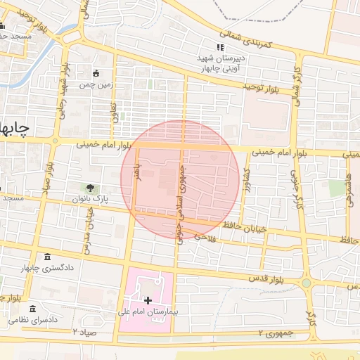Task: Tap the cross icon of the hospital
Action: click(x=148, y=300)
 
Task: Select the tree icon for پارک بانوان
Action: click(x=90, y=188)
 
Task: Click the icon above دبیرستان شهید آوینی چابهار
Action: click(x=220, y=47)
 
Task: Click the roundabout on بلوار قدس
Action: click(x=307, y=283)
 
